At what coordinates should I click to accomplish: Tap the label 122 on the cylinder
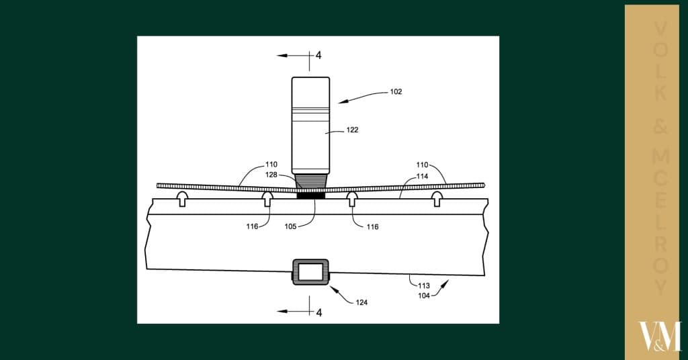(353, 130)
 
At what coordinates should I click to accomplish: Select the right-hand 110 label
(422, 164)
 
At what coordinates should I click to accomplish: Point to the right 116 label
(372, 227)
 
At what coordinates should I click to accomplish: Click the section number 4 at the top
(318, 55)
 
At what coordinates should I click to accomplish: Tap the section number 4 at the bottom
(318, 312)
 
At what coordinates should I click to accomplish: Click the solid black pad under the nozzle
(310, 196)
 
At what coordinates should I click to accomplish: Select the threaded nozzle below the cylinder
(310, 181)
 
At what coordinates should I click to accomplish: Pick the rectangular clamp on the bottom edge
(310, 272)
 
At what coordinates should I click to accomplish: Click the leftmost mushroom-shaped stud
(181, 198)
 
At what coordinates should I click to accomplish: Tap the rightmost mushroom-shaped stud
(437, 198)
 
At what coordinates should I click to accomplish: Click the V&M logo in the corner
(658, 336)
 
